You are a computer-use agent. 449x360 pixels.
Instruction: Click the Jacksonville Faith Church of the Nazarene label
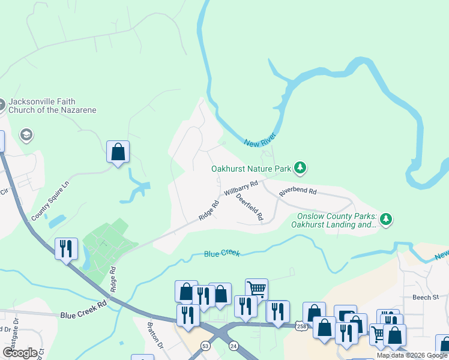52,106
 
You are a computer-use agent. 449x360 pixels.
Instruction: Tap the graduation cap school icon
26,134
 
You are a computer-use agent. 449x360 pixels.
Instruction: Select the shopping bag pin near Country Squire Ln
118,152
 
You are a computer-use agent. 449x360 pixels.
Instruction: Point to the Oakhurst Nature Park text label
252,169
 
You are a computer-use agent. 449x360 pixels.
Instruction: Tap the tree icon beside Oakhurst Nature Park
301,169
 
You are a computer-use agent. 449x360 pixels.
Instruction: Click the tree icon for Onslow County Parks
387,220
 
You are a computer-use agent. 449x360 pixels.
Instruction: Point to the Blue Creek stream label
221,254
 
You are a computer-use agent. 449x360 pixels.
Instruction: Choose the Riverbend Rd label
297,191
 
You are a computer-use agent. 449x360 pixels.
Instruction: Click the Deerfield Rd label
249,207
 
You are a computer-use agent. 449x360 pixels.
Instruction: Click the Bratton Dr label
155,338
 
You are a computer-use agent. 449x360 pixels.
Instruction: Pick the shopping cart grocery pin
256,289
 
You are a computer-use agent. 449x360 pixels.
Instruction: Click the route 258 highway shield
301,325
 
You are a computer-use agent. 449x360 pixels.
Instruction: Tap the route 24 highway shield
233,346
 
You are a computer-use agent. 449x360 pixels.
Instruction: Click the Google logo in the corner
20,352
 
